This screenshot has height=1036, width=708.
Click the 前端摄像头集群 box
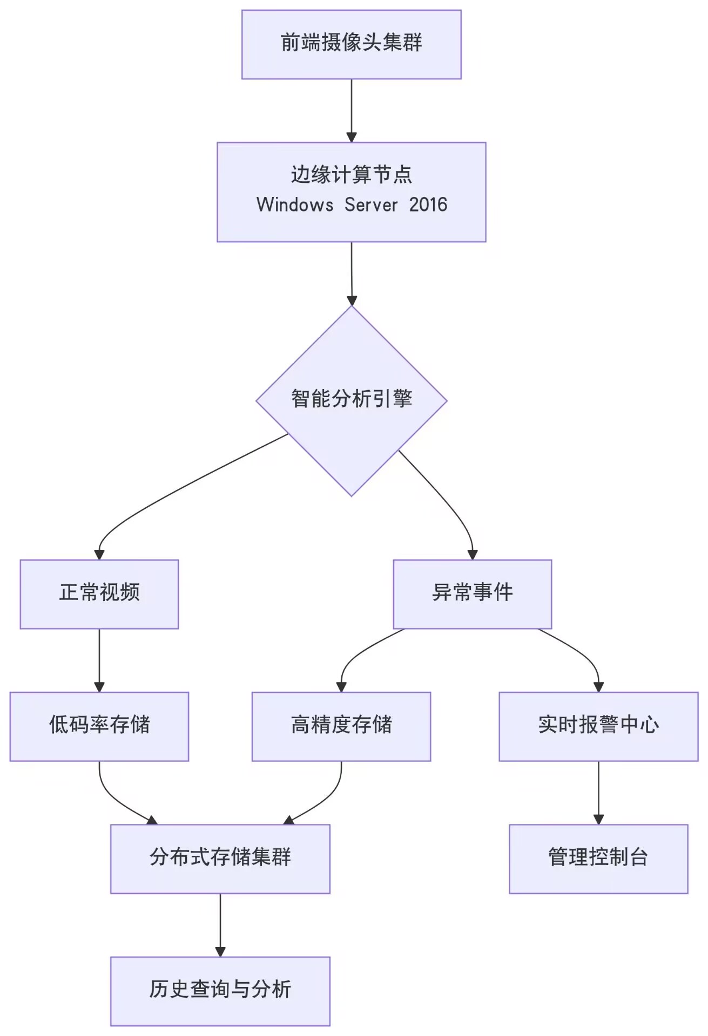[x=351, y=44]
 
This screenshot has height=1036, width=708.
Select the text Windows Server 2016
[x=351, y=205]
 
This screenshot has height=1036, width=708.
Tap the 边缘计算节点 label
[x=351, y=174]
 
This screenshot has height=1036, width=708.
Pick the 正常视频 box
[x=99, y=594]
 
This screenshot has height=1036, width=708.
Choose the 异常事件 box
[x=472, y=594]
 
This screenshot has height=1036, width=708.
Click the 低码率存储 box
[x=99, y=726]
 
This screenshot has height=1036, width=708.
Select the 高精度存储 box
[x=341, y=726]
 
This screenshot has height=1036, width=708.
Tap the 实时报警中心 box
[x=598, y=726]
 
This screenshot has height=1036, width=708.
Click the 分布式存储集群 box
[x=220, y=858]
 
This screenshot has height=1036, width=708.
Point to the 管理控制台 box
[x=598, y=858]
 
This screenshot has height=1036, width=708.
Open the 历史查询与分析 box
[x=220, y=991]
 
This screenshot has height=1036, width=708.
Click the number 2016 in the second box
[x=428, y=205]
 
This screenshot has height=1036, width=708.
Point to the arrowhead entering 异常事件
[x=473, y=555]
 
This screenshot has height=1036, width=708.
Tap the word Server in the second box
[x=371, y=205]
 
